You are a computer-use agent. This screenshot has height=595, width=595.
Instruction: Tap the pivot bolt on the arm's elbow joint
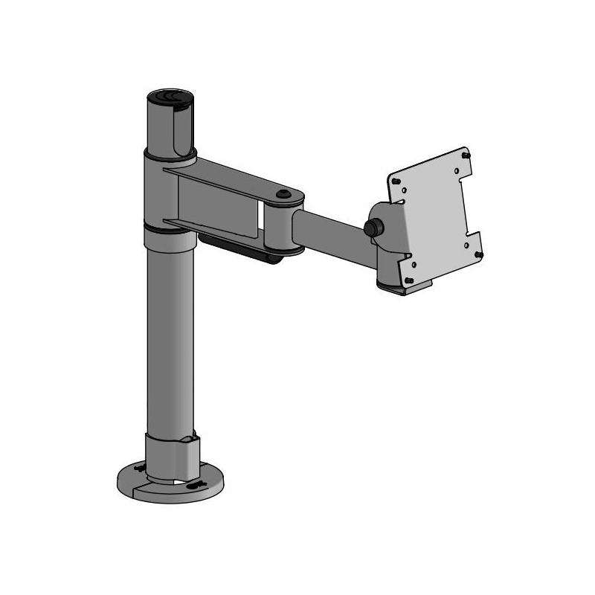[x=283, y=195]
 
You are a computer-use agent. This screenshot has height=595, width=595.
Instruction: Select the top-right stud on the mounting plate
[x=466, y=155]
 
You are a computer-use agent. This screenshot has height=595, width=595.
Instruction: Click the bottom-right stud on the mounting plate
[x=479, y=254]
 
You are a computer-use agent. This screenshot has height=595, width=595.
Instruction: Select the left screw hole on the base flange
[x=138, y=470]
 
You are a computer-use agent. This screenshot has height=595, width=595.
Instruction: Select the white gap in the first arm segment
[x=260, y=216]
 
